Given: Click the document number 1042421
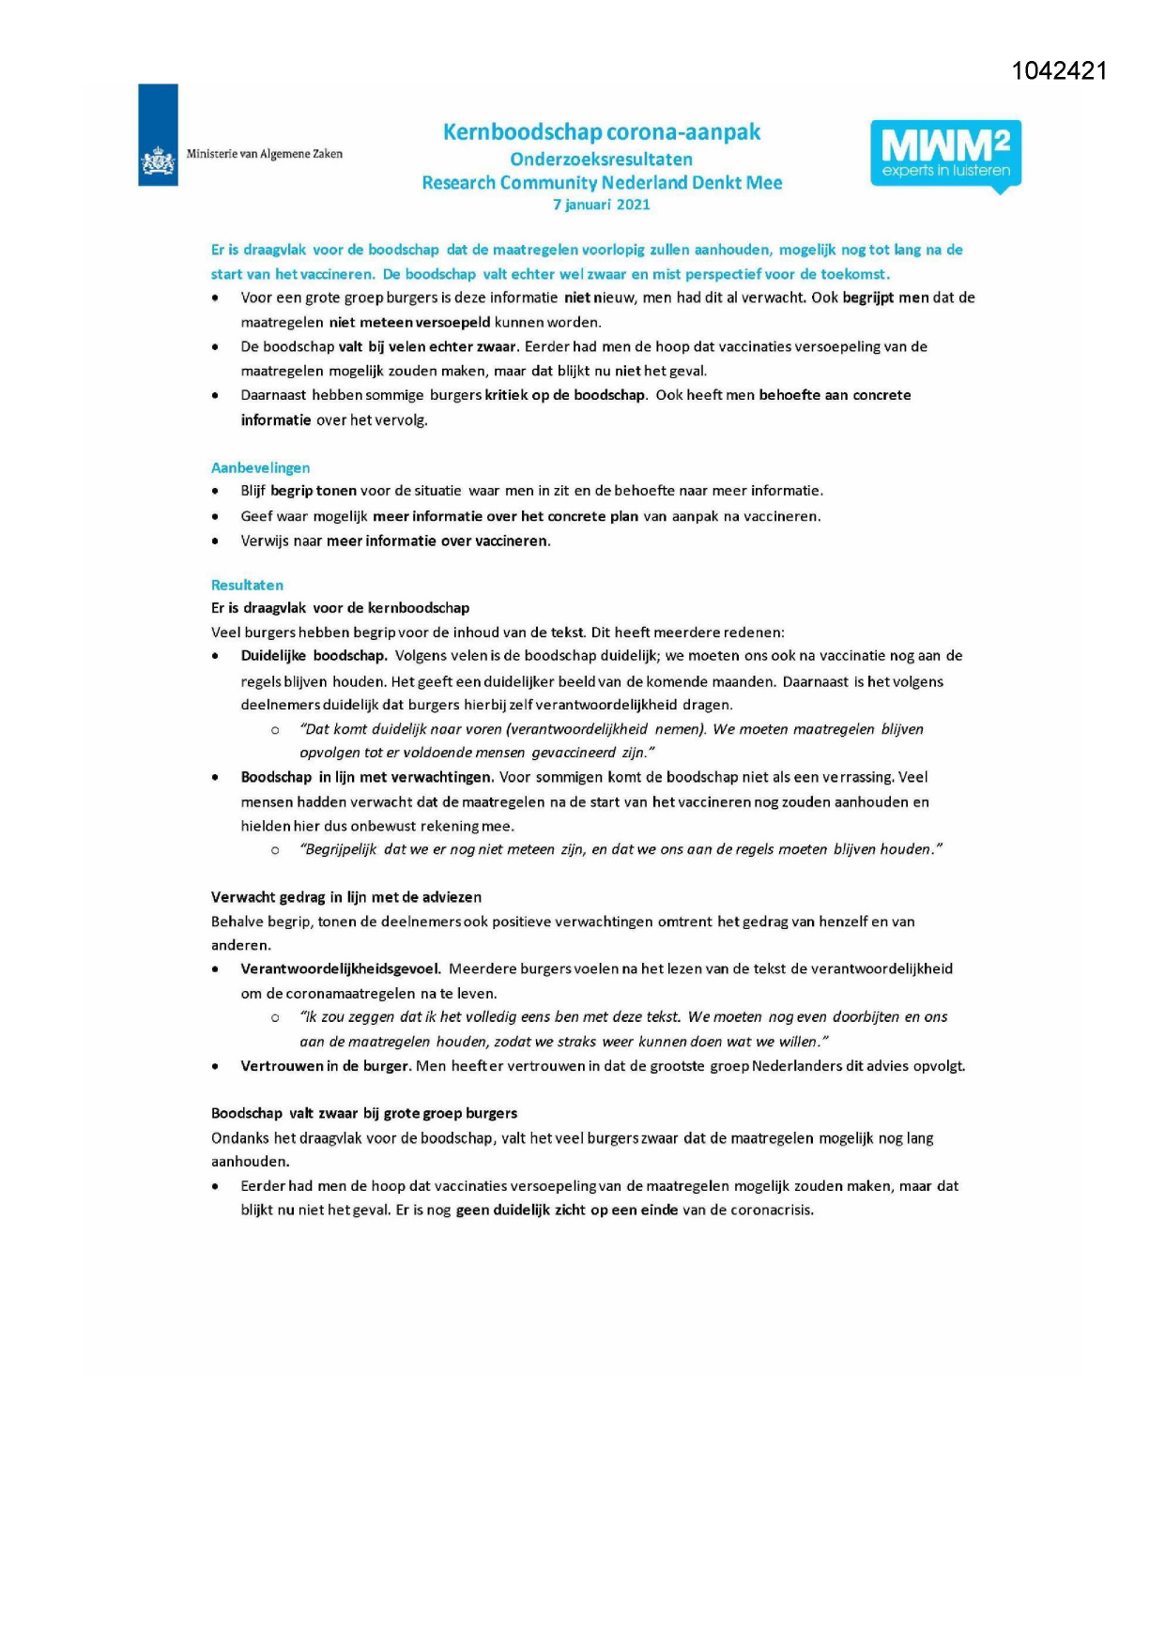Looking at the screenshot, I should coord(1059,71).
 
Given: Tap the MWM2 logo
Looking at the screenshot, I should coord(945,154).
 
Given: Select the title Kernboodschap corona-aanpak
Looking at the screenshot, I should coord(602,132).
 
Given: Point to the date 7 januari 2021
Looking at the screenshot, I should coord(602,205).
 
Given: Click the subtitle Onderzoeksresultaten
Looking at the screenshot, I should coord(602,160).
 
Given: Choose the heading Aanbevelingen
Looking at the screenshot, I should coord(260,467).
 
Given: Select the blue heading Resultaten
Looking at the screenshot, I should coord(247,585).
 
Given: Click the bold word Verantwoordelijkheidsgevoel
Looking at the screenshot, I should coord(341,968).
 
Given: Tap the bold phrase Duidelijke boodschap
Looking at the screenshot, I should coord(314,655).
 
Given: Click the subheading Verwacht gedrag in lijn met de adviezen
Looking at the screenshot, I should coord(346,896).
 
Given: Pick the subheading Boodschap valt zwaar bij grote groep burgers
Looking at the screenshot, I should coord(364,1113).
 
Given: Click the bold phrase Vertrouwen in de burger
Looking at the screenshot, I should coord(325,1065).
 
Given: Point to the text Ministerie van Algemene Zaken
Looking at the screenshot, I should coord(265,154).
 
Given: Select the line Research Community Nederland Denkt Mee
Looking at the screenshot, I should coord(602,183).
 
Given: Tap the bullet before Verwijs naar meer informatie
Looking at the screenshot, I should coord(216,541).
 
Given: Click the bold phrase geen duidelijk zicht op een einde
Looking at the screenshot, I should coord(567,1210).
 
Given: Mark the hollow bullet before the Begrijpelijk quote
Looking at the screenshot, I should coord(275,850).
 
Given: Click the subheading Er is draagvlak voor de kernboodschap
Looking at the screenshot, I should coord(340,607).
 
